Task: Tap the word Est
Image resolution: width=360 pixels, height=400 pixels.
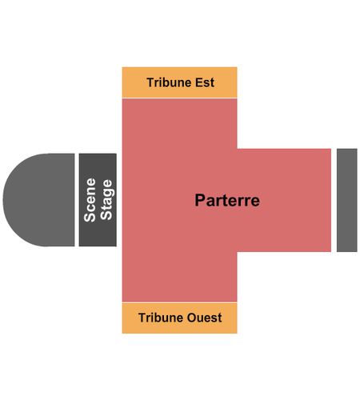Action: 205,82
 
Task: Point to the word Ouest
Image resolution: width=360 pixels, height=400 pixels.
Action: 204,318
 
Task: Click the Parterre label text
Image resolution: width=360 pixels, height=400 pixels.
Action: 227,200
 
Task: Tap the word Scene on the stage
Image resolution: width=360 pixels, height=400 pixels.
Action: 90,200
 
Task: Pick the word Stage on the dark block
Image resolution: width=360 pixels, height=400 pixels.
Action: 106,200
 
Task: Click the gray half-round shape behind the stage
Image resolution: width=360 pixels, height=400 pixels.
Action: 38,200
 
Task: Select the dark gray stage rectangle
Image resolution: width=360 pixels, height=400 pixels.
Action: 98,200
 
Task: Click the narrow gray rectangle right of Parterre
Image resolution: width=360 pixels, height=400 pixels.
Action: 347,200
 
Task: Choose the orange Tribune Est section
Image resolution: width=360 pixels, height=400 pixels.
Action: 179,82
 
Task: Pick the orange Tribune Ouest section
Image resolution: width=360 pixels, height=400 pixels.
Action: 179,318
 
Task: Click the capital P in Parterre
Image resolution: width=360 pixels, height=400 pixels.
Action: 200,200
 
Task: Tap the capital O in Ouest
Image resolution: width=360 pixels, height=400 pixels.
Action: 192,318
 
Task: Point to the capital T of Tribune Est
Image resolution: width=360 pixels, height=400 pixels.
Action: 150,82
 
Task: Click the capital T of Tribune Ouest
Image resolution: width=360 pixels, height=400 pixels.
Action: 142,318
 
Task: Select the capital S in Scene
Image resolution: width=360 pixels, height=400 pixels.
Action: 90,218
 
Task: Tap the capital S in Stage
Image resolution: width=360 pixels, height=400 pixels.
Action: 106,216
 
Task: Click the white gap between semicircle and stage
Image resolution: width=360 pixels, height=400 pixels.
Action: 77,200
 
